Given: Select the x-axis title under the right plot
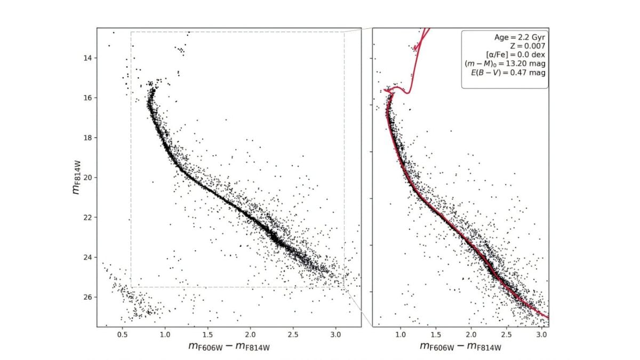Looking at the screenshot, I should [460, 347].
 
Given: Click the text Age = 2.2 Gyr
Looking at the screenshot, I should [519, 37].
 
